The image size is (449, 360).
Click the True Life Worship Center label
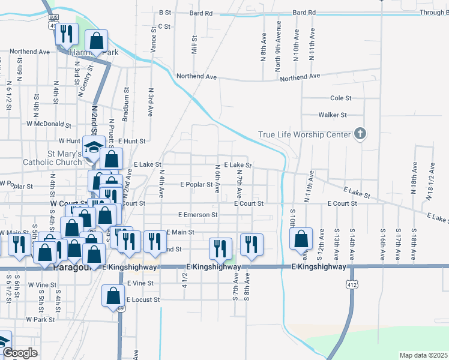pyautogui.click(x=304, y=134)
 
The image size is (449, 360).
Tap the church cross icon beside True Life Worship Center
pyautogui.click(x=360, y=133)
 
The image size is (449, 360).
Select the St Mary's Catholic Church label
pyautogui.click(x=52, y=158)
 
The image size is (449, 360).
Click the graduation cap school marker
pyautogui.click(x=94, y=148)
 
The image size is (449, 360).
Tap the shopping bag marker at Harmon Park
pyautogui.click(x=96, y=42)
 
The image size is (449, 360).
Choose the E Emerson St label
pyautogui.click(x=198, y=214)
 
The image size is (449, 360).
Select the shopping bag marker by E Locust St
pyautogui.click(x=113, y=296)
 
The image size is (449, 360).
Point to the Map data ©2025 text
pyautogui.click(x=423, y=355)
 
